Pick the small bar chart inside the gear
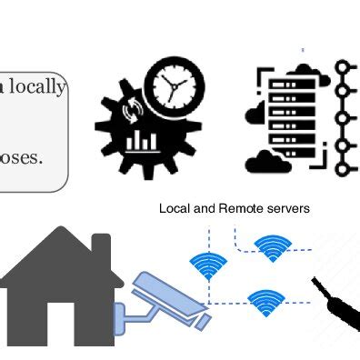tap(142, 140)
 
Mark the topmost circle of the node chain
tap(343, 68)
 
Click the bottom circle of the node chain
tap(343, 170)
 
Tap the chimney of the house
tap(100, 247)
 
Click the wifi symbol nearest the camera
tap(208, 265)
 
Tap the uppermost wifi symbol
tap(271, 246)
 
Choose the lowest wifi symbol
tap(265, 301)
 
